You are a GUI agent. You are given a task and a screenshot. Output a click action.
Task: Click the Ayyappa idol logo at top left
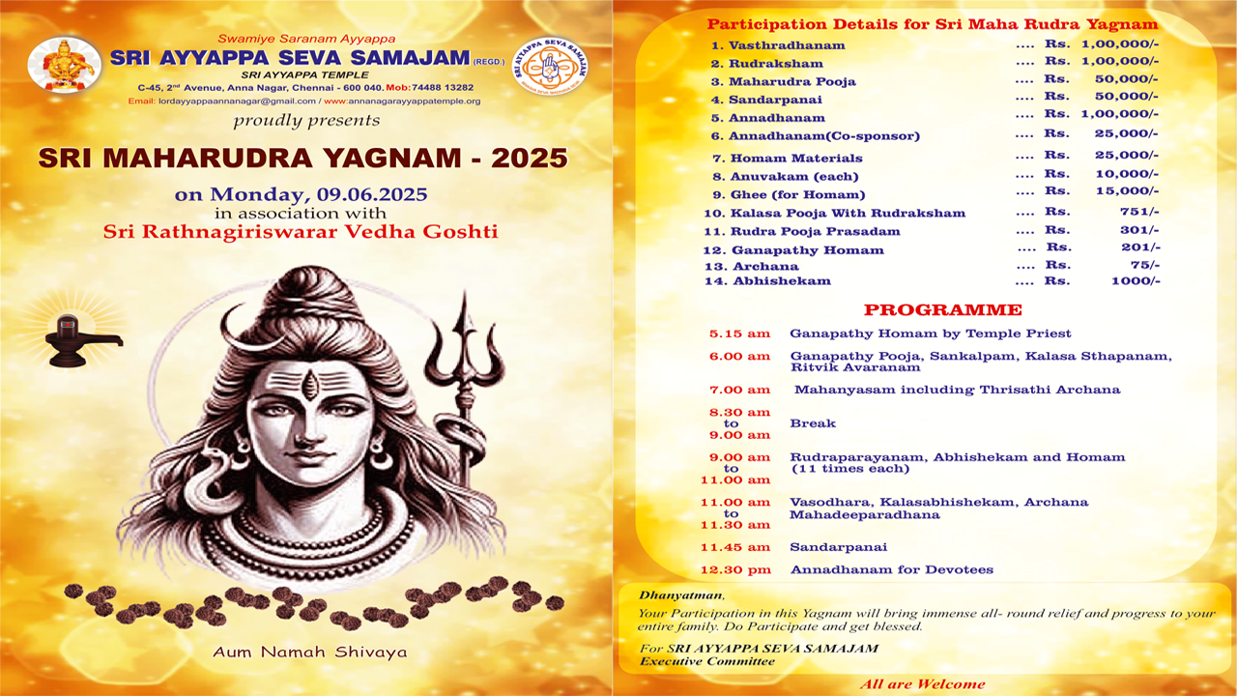pos(65,65)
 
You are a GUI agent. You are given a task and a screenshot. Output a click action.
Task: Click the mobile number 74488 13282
pos(443,87)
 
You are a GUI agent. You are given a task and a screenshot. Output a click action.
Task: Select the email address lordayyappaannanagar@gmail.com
pos(237,101)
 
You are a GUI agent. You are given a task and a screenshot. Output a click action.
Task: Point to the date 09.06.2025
pos(372,194)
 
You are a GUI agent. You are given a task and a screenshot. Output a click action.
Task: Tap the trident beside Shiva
pos(465,387)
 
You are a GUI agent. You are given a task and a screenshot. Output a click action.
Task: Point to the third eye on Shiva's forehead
pos(310,385)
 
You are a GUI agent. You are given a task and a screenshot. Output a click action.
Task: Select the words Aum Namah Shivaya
pos(310,652)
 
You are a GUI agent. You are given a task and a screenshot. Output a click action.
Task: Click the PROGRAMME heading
pos(943,310)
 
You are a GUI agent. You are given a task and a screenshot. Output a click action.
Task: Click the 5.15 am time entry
pos(739,333)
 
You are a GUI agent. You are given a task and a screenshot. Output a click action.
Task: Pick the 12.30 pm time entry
pos(735,570)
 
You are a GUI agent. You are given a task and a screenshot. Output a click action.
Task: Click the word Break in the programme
pos(813,423)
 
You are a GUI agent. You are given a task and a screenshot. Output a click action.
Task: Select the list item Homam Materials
pos(796,159)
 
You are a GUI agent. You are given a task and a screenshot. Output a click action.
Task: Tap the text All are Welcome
pos(922,684)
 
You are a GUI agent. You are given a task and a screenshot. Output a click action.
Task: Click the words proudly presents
pos(306,121)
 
